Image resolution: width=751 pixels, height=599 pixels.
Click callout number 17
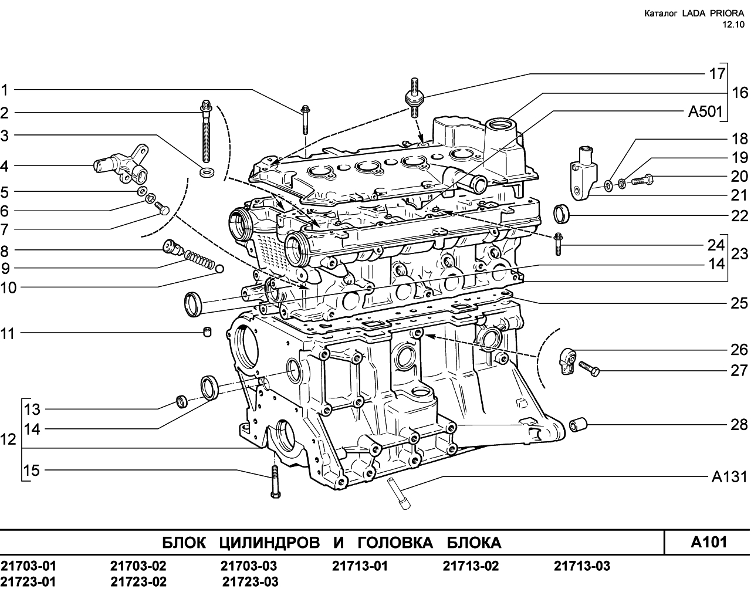coord(717,74)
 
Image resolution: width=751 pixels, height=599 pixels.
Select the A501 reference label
coord(705,111)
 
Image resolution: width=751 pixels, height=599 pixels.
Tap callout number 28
coord(739,425)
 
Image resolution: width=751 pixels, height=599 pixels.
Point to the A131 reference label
coord(730,477)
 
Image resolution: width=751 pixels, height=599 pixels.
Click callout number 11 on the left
coord(8,334)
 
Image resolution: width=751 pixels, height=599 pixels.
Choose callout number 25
coord(739,303)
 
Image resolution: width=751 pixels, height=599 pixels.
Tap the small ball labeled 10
coord(219,269)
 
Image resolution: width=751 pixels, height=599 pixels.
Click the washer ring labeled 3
coord(207,172)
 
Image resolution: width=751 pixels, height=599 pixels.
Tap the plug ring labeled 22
coord(561,214)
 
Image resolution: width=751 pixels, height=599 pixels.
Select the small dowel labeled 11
coord(208,331)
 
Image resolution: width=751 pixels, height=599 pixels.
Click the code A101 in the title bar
coord(709,542)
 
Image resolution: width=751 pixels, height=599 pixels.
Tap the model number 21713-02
coord(471,566)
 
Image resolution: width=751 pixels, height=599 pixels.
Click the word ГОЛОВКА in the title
coord(395,543)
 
